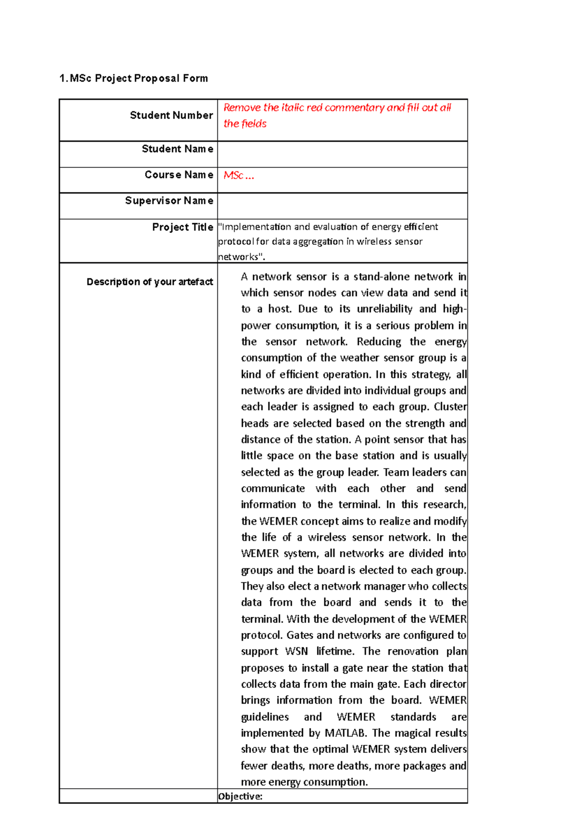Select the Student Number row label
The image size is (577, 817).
click(x=171, y=115)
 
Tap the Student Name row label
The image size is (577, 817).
click(x=177, y=149)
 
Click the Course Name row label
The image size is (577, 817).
click(x=179, y=175)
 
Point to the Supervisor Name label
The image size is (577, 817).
click(x=169, y=201)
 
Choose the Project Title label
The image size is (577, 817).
click(x=183, y=227)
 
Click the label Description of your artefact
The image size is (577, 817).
click(x=150, y=282)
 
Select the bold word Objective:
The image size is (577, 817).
click(x=240, y=796)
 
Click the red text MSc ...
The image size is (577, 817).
click(x=234, y=176)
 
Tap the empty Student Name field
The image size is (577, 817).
click(x=342, y=154)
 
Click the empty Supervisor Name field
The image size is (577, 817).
click(x=342, y=206)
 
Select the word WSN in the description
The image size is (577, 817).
click(x=296, y=651)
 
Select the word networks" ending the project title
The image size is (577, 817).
click(x=241, y=257)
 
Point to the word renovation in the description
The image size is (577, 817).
click(x=413, y=651)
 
